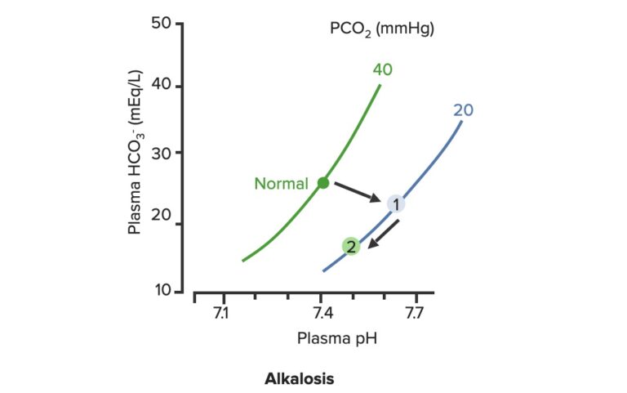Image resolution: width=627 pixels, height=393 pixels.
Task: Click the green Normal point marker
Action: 323,183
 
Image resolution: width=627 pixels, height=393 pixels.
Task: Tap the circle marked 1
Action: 395,204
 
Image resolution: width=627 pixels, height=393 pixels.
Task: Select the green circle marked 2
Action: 350,246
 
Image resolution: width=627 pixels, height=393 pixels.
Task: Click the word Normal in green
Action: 281,184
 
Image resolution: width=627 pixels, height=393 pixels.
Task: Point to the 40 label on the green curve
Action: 382,69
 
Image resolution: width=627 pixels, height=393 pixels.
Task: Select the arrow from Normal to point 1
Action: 357,192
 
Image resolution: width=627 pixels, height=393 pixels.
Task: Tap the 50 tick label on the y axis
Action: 162,23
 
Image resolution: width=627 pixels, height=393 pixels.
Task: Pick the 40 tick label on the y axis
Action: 162,87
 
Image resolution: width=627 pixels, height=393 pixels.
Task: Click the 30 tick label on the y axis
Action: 162,153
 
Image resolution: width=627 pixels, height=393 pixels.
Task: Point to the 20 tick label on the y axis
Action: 162,223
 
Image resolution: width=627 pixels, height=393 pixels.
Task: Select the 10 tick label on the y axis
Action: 162,291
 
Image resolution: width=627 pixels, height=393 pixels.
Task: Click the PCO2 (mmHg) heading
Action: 381,29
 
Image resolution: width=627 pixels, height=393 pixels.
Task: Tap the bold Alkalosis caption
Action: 300,379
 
